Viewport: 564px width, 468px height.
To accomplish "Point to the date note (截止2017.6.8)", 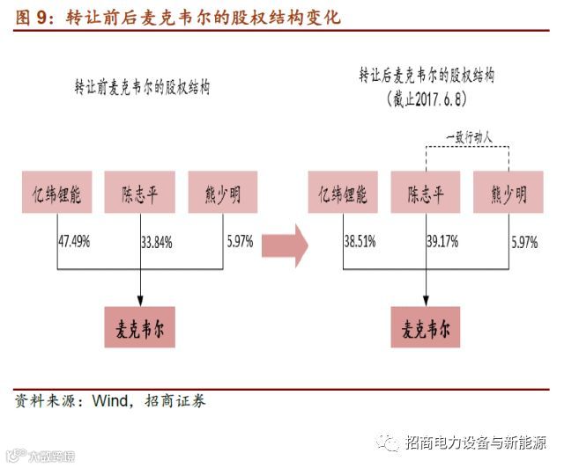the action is tap(426, 99).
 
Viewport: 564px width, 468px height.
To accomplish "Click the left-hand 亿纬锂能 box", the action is tap(57, 194).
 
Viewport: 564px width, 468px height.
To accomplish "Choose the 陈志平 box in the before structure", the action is tap(141, 194).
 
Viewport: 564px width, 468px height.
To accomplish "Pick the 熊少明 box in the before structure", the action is tap(221, 194).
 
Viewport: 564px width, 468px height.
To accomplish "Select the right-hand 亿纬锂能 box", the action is tap(345, 194).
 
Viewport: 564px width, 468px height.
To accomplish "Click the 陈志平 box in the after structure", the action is tap(427, 194).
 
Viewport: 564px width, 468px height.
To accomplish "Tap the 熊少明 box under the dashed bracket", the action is tap(508, 194).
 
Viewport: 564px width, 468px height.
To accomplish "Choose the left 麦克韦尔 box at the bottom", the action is tap(141, 328).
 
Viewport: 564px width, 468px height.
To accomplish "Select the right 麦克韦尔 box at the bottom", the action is tap(427, 328).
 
